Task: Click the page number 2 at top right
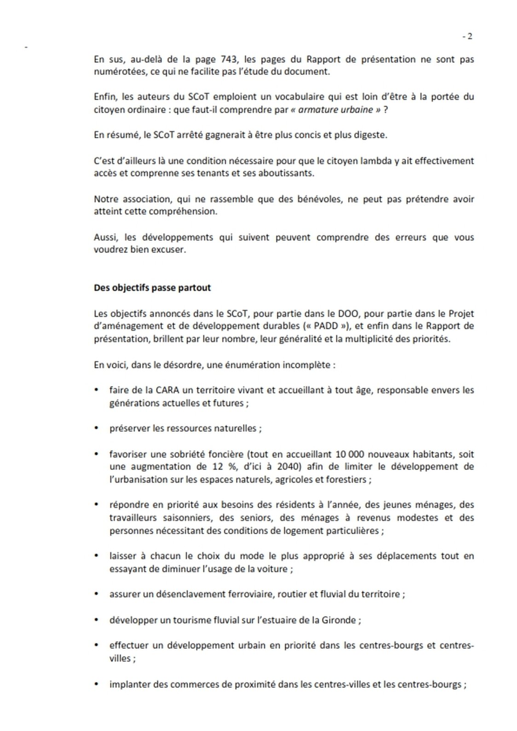tap(469, 37)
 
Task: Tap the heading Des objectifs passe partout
tap(152, 288)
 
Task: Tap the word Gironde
tap(339, 620)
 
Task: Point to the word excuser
tap(170, 251)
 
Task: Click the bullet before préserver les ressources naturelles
tap(97, 428)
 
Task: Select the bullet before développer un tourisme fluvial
tap(97, 620)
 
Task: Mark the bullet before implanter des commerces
tap(97, 685)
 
